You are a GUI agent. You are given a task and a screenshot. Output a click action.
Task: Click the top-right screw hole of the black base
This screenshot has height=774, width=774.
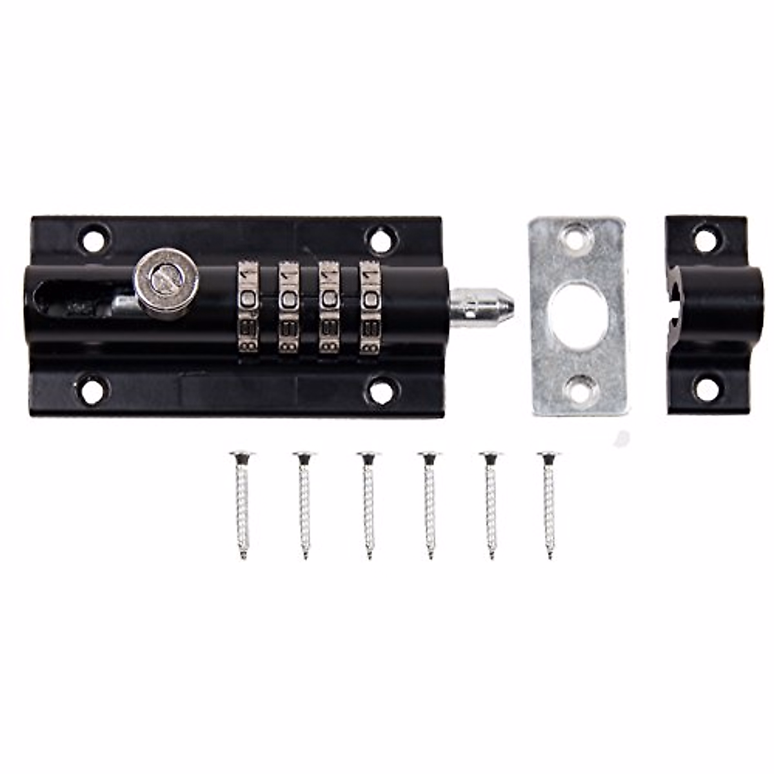(380, 238)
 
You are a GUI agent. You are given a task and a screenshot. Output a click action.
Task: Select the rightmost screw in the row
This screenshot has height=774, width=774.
(549, 503)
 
